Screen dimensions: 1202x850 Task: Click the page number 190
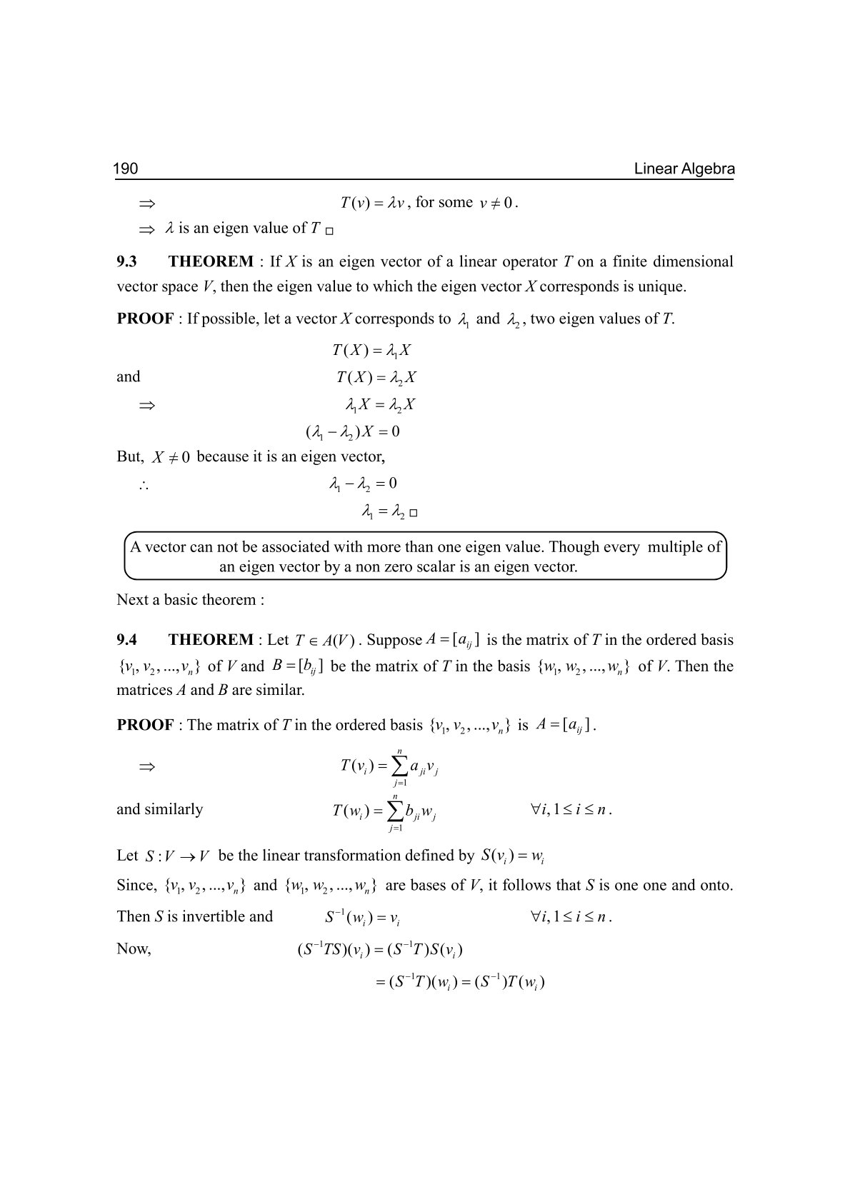tap(126, 169)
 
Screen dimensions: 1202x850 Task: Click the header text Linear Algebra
tap(684, 169)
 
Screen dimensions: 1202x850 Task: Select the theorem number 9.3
tap(127, 261)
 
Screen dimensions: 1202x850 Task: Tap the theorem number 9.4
tap(127, 640)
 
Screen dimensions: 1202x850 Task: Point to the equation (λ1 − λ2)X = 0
tap(353, 432)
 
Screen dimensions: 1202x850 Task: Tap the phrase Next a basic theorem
tap(190, 600)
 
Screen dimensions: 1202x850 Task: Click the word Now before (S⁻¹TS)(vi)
tap(134, 949)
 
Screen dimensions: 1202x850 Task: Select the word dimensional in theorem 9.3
tap(691, 261)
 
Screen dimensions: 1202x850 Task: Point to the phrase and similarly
tap(159, 809)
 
